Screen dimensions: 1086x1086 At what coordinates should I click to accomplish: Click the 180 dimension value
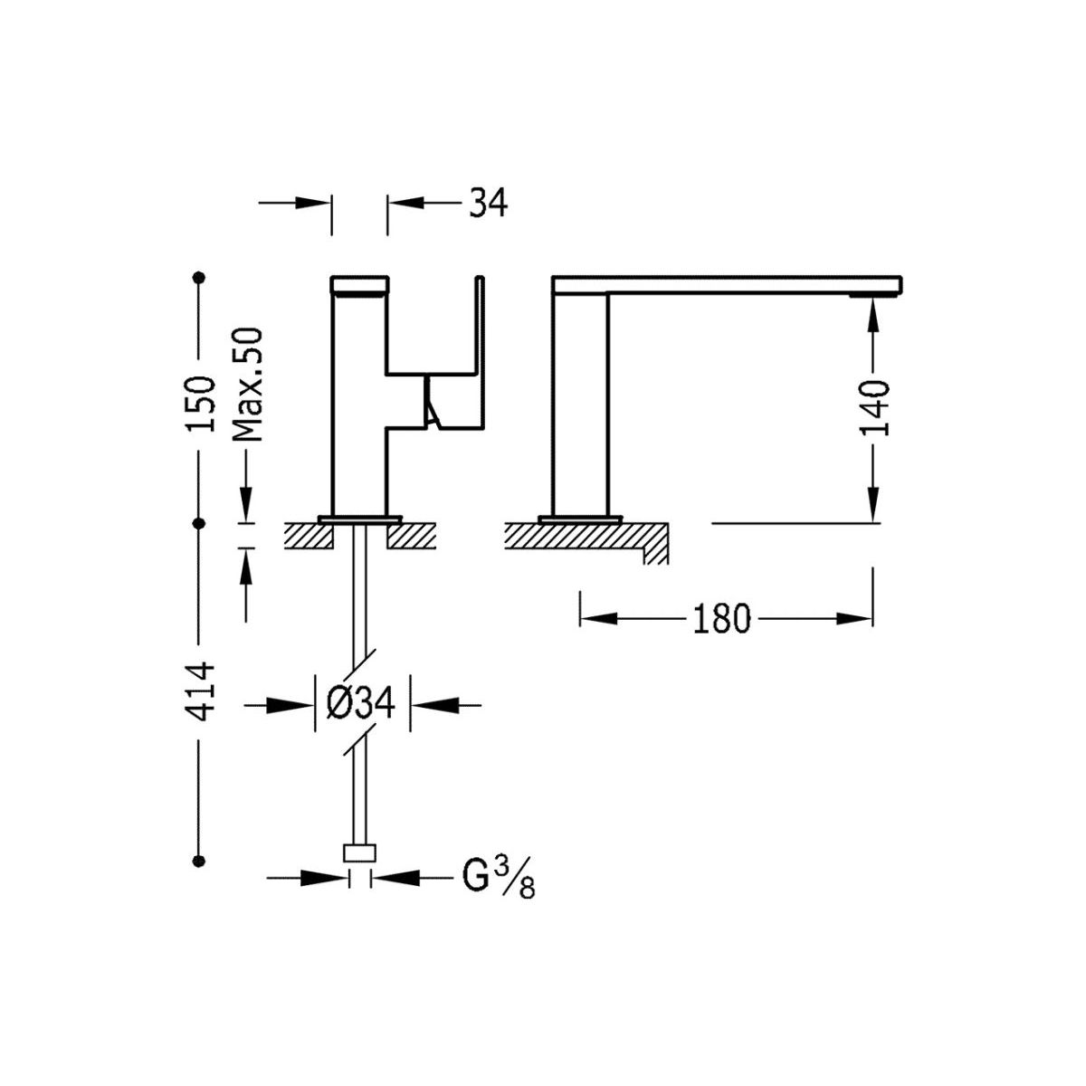[721, 619]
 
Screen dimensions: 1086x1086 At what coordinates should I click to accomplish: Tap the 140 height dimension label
[873, 408]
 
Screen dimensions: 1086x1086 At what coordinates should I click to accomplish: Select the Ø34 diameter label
[361, 704]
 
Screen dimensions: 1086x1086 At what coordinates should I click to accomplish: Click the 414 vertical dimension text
[201, 692]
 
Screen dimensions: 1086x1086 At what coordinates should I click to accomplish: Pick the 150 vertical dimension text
[201, 404]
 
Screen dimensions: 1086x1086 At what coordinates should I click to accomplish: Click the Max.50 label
[247, 385]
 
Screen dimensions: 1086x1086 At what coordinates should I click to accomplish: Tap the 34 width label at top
[488, 203]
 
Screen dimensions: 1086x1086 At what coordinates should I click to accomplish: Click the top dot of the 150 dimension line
[198, 277]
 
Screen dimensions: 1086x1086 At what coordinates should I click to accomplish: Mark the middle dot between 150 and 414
[198, 524]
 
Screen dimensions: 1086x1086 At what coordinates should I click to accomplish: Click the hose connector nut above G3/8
[359, 853]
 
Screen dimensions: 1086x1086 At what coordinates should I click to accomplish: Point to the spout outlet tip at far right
[875, 293]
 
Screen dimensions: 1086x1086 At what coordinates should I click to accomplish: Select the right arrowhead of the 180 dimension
[854, 619]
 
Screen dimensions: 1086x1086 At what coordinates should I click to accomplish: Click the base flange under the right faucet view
[580, 519]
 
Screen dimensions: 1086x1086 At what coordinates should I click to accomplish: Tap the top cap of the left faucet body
[359, 285]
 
